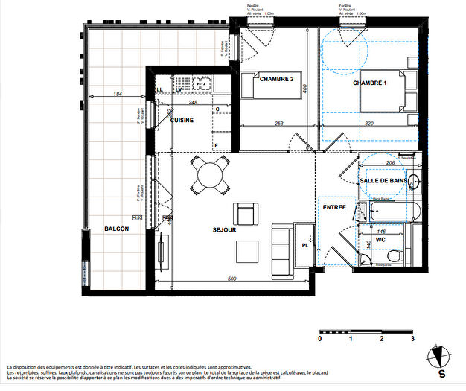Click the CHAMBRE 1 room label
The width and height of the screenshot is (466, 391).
point(370,83)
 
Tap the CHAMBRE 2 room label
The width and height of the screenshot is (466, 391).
point(276,79)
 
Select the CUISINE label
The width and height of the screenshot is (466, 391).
point(182,121)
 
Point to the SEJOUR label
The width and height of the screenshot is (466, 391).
point(223,230)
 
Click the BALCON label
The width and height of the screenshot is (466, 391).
point(116,229)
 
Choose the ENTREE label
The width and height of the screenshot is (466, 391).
point(334,208)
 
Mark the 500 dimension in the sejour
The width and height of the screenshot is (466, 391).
point(233,279)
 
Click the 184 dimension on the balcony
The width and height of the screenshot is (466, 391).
point(118,94)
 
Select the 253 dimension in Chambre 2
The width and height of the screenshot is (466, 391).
point(279,124)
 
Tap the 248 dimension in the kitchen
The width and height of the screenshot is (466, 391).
point(192,103)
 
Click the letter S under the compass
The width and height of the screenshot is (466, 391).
point(441,373)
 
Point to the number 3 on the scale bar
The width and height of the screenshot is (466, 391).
point(412,338)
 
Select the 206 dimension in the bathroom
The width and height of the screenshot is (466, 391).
point(389,162)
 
